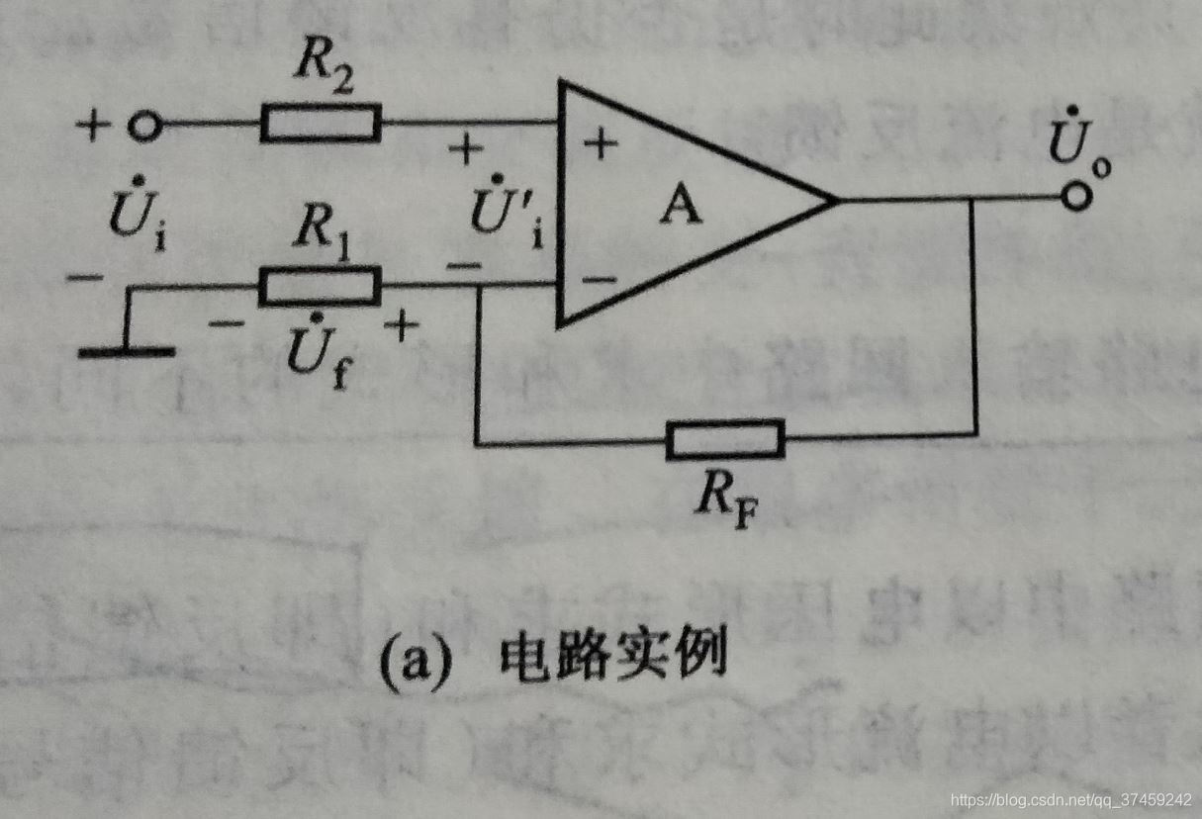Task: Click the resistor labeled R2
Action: [321, 124]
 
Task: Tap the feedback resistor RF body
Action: [725, 439]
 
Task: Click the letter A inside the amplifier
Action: [681, 208]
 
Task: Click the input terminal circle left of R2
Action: [144, 126]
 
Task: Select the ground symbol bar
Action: [127, 351]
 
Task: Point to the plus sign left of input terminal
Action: [94, 127]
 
